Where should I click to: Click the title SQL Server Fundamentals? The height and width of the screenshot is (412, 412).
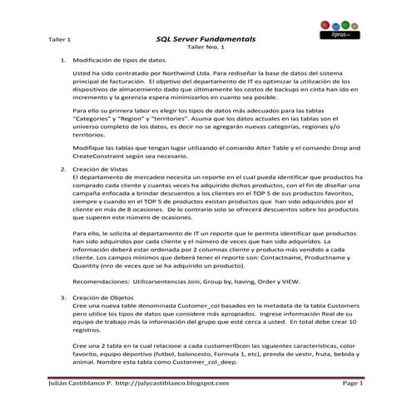tap(206, 39)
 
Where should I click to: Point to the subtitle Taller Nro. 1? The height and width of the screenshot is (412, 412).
tap(206, 48)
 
